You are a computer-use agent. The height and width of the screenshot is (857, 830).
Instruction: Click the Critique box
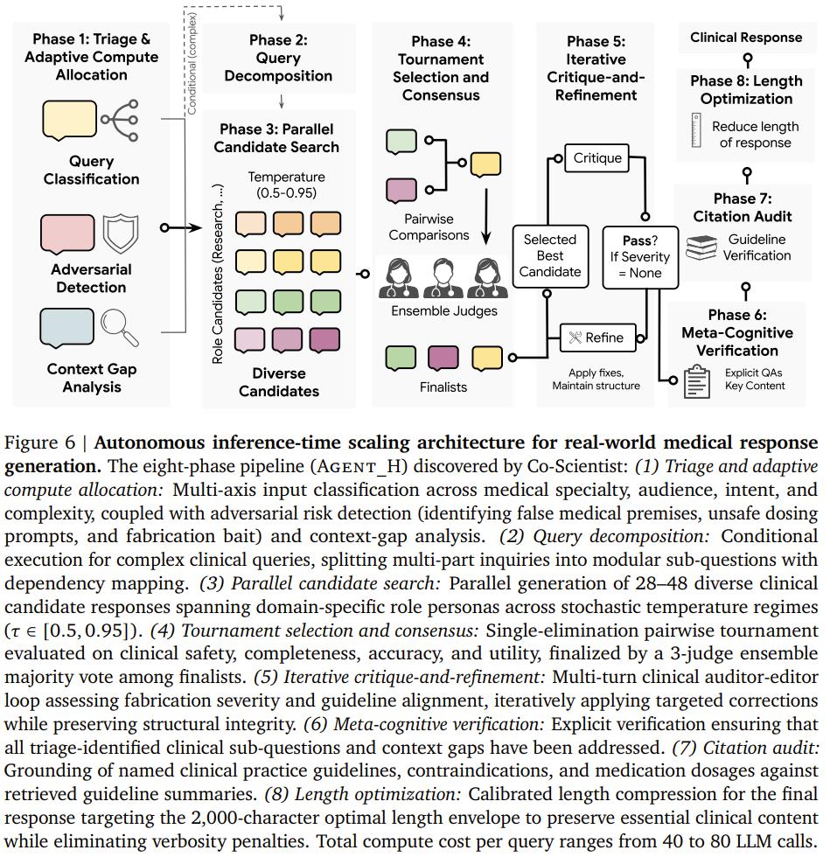(x=596, y=158)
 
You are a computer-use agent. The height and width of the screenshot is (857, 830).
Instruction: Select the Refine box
(x=597, y=338)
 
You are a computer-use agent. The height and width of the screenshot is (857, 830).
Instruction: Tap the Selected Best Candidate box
(x=550, y=255)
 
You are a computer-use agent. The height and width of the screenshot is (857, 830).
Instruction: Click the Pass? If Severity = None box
(x=640, y=257)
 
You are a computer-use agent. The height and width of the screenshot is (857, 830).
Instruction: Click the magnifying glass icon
(x=120, y=327)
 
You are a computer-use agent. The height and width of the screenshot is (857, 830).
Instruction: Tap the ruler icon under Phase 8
(x=696, y=130)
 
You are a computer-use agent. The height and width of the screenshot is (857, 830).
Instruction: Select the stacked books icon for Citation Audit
(x=701, y=247)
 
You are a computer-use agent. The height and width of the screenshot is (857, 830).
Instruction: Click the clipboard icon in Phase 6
(x=696, y=381)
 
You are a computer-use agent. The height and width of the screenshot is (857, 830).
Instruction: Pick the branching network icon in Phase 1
(x=120, y=121)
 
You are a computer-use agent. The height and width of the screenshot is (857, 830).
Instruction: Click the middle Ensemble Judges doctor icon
(x=443, y=278)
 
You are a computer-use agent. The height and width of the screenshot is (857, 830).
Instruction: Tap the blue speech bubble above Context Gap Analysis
(x=66, y=329)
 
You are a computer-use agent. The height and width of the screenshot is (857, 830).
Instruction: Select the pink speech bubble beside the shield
(x=67, y=234)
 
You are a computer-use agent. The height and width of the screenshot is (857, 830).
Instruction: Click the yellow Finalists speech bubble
(x=486, y=359)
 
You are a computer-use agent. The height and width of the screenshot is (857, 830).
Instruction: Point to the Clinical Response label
(x=746, y=38)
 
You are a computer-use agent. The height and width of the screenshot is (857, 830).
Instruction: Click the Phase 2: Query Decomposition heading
(x=278, y=58)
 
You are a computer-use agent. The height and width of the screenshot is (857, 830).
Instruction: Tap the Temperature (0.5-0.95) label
(x=286, y=185)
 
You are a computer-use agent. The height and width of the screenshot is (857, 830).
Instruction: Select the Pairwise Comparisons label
(x=429, y=226)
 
